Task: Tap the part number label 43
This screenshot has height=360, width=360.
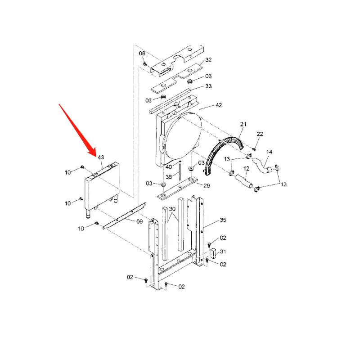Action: [x=101, y=157]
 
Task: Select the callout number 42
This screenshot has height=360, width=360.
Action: [x=219, y=105]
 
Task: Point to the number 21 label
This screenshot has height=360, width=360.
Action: [x=243, y=124]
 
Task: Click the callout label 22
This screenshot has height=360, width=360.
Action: [x=260, y=135]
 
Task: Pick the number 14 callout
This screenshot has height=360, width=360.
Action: [x=269, y=152]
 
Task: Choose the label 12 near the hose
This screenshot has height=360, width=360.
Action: [x=246, y=168]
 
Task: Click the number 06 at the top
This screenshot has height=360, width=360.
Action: [x=142, y=54]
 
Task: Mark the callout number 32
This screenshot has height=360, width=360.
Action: [x=208, y=60]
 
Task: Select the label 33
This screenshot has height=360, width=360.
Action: [x=208, y=86]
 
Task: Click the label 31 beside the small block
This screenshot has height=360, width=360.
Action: [x=223, y=252]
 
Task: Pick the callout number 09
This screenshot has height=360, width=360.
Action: [x=139, y=221]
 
